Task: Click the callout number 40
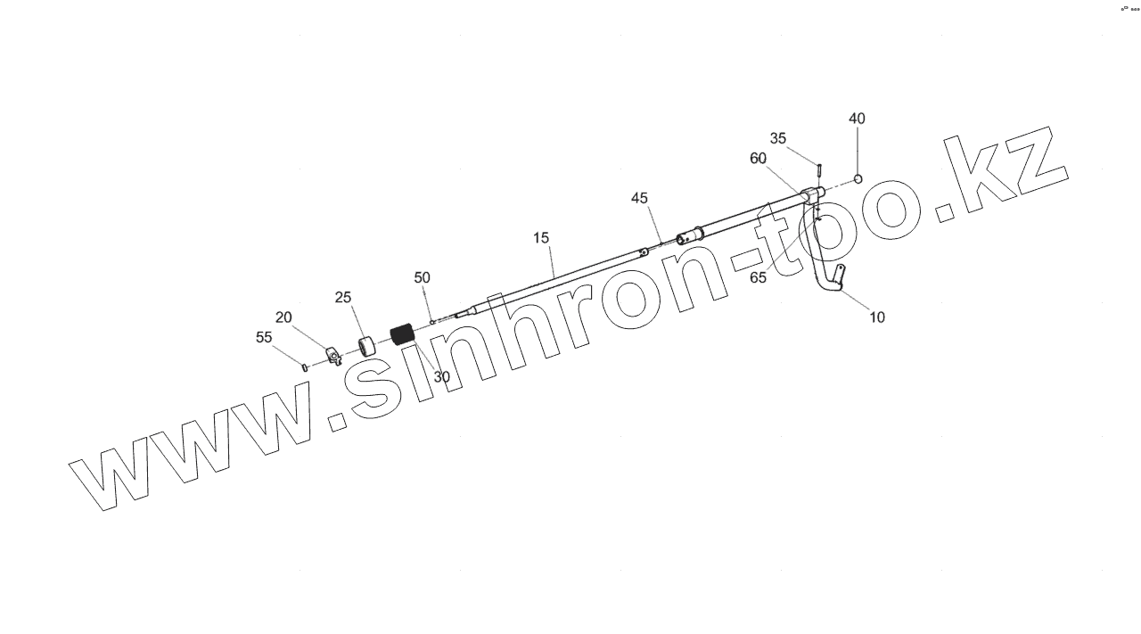[857, 119]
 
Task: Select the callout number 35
[778, 138]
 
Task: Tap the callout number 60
[758, 159]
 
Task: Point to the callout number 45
[639, 198]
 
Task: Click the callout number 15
[541, 238]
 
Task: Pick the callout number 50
[422, 278]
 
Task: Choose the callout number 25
[343, 297]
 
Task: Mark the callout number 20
[283, 317]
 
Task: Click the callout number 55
[264, 337]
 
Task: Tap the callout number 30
[441, 377]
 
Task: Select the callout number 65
[758, 277]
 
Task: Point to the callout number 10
[877, 317]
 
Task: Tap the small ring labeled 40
[858, 178]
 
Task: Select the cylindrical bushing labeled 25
[365, 345]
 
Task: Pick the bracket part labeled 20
[332, 357]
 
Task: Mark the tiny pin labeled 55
[305, 366]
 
